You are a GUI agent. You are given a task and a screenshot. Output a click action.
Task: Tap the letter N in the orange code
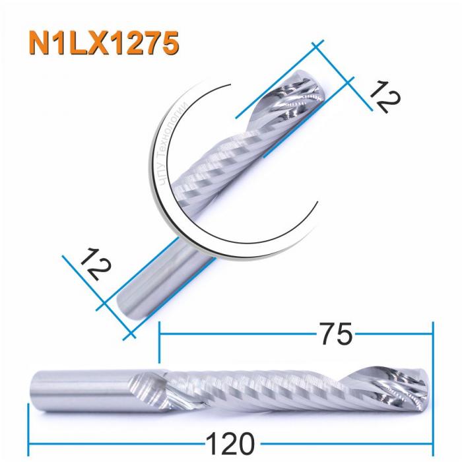pyautogui.click(x=40, y=43)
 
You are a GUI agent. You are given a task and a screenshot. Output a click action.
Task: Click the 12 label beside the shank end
pyautogui.click(x=92, y=267)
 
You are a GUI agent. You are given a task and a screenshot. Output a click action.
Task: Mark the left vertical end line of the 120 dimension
pyautogui.click(x=28, y=429)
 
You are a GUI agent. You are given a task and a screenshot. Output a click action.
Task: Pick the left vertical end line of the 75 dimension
pyautogui.click(x=159, y=343)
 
